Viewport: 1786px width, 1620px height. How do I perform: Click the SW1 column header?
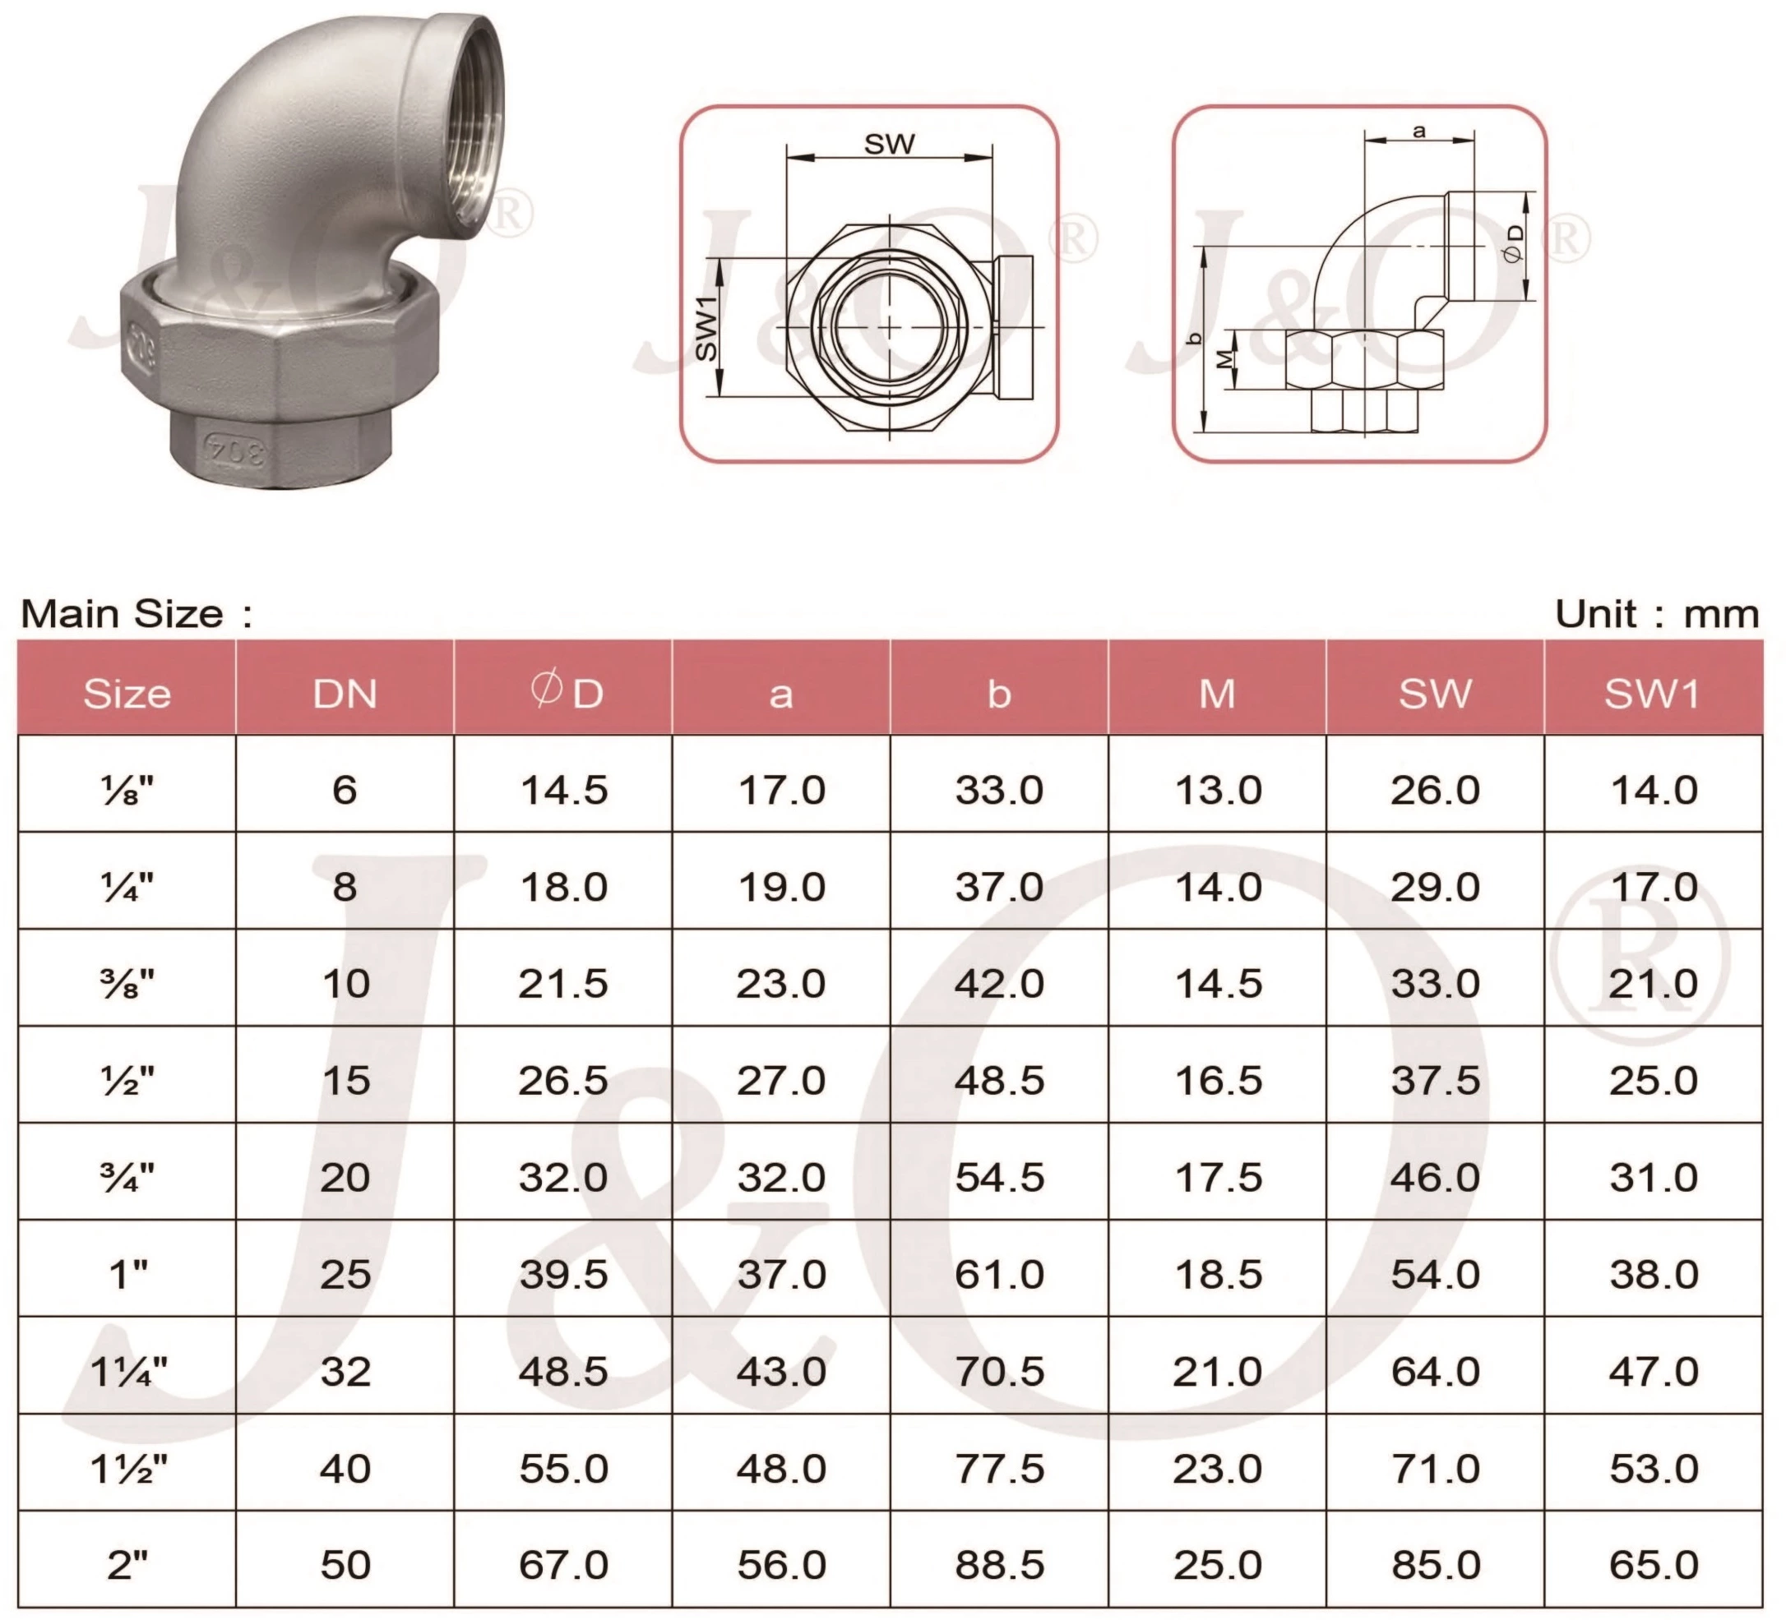[1652, 694]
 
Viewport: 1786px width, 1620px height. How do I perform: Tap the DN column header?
[345, 694]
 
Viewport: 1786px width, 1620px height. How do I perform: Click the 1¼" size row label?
[128, 1371]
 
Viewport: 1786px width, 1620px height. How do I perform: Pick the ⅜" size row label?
[128, 983]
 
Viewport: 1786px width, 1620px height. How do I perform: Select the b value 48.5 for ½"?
[998, 1081]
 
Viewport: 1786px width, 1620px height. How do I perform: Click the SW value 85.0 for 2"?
[1435, 1565]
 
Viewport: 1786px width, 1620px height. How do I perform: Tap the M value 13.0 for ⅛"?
[1217, 790]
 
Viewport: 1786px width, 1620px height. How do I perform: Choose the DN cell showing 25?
[345, 1275]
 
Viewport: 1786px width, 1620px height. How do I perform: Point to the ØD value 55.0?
[563, 1469]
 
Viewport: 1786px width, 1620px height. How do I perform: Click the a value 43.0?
[781, 1371]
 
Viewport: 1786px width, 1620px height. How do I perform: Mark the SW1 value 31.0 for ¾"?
[1653, 1178]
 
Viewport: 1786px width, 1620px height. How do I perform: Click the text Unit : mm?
[1656, 614]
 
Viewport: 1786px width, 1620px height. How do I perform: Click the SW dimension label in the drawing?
[889, 144]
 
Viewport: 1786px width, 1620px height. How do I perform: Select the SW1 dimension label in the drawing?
[706, 329]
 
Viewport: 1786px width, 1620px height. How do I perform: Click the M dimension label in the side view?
[1224, 358]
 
